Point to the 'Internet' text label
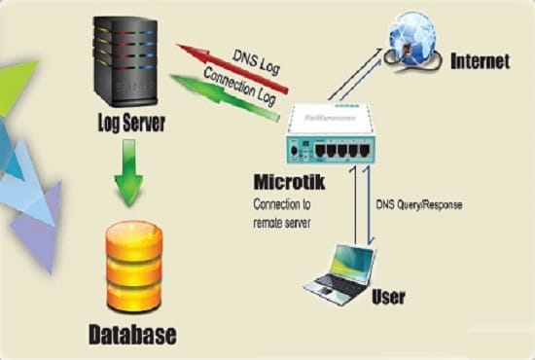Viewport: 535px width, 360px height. (480, 62)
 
